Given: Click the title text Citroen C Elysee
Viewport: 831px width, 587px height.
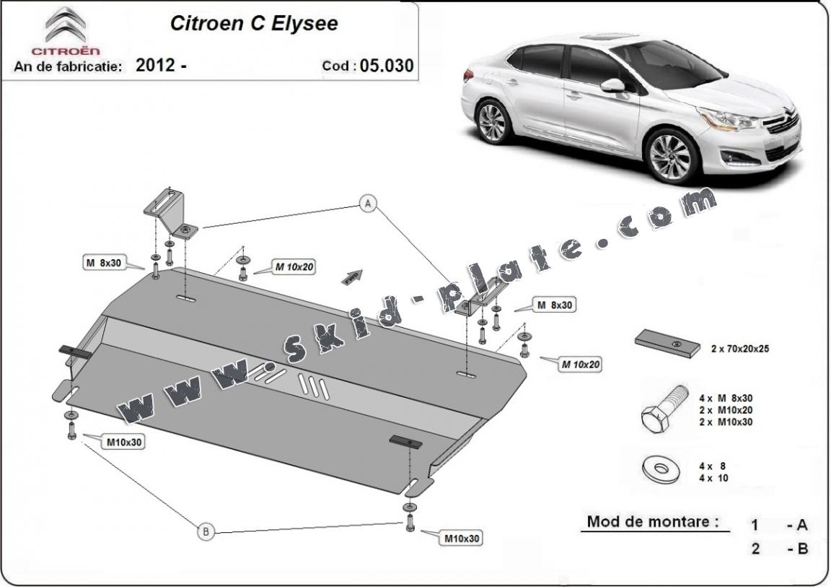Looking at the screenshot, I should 253,23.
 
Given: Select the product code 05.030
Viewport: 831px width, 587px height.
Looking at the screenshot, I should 387,66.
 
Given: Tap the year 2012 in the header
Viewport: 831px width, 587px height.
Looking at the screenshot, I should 156,65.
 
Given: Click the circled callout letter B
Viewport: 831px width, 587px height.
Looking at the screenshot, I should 206,532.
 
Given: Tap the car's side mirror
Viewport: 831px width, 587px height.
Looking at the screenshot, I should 613,86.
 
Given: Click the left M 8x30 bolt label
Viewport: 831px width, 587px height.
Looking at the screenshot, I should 101,264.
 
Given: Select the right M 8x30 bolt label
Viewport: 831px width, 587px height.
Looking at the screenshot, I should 554,305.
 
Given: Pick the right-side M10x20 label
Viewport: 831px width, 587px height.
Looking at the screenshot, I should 581,365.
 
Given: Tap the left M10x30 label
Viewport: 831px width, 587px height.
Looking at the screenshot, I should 124,441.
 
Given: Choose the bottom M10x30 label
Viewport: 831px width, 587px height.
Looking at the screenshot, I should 462,538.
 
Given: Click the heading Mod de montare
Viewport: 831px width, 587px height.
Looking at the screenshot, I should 652,521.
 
